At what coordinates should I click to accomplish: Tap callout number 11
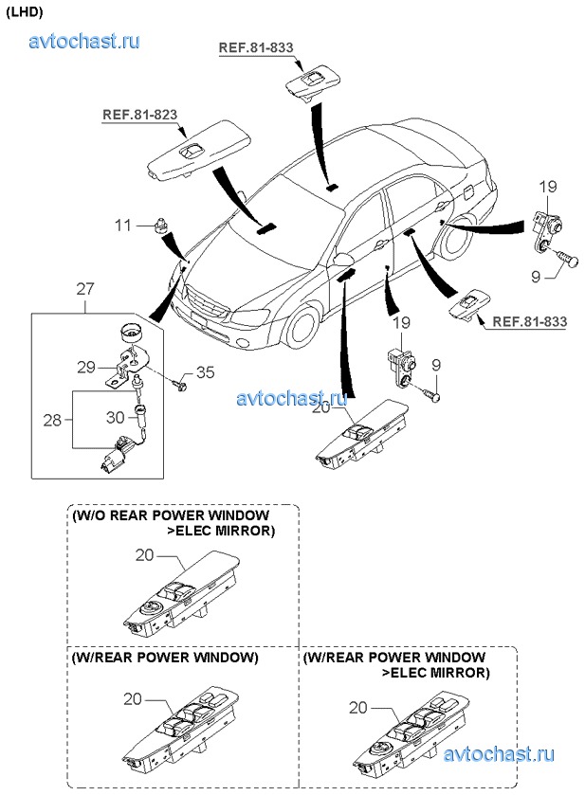pyautogui.click(x=123, y=226)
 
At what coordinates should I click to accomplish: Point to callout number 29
pyautogui.click(x=85, y=366)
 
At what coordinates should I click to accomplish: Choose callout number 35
pyautogui.click(x=206, y=370)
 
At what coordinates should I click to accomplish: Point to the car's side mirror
pyautogui.click(x=343, y=258)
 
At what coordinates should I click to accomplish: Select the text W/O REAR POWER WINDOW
pyautogui.click(x=171, y=515)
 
